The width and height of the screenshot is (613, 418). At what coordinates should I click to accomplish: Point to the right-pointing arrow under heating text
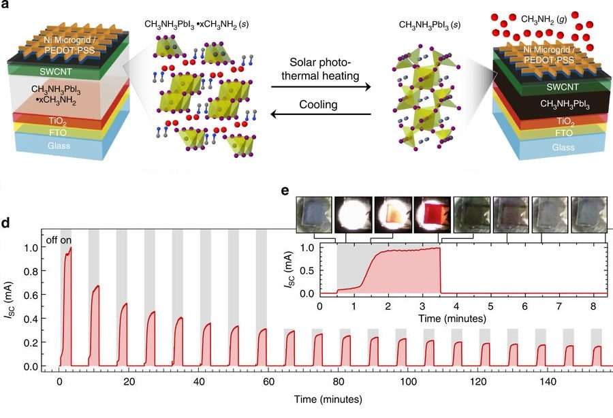(320, 88)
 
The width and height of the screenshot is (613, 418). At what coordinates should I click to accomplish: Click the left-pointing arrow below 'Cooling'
(320, 116)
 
